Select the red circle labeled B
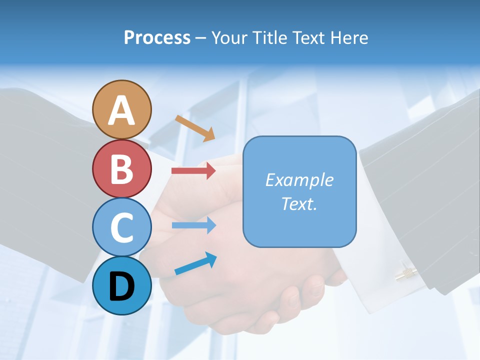click(121, 168)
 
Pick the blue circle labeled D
click(121, 285)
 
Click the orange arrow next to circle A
click(195, 128)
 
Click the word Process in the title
click(157, 37)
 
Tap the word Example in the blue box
click(299, 180)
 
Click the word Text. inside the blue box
click(299, 203)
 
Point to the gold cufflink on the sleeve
click(405, 273)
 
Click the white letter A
click(121, 110)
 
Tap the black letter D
click(121, 286)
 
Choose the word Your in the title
click(228, 37)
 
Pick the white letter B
click(121, 169)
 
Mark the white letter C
click(121, 227)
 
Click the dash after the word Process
click(200, 38)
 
